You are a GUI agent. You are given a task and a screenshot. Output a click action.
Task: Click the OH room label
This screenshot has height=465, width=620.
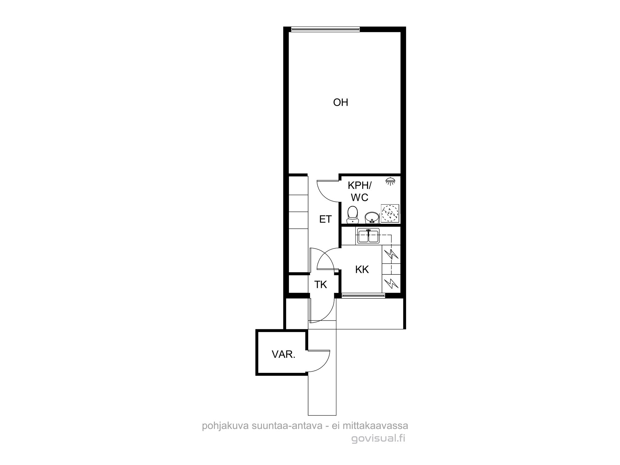tap(340, 102)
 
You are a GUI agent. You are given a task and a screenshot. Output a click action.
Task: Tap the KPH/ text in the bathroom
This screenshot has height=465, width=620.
tap(359, 185)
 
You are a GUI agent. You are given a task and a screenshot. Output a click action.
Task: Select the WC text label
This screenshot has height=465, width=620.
tap(360, 197)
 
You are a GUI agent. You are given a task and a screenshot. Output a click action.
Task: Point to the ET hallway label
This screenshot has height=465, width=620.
tap(325, 219)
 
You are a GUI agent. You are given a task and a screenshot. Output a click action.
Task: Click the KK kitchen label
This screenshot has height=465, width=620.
tap(362, 269)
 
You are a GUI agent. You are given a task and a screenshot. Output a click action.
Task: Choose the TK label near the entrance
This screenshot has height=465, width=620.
tap(321, 284)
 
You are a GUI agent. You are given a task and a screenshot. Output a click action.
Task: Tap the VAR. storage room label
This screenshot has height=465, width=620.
tap(284, 354)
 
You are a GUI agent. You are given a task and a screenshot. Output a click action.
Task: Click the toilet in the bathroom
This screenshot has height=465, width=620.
tap(352, 215)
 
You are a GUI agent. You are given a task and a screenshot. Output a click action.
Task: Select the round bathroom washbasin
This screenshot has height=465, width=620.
tap(371, 218)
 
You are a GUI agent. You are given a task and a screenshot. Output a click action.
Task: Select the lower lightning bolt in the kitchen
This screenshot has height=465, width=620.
tap(391, 283)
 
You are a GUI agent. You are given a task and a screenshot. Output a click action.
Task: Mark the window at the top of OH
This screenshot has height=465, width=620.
tap(326, 30)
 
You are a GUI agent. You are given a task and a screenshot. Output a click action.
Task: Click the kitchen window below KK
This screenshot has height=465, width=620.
tap(363, 296)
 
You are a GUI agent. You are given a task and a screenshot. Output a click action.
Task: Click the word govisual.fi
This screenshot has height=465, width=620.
tap(378, 439)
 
